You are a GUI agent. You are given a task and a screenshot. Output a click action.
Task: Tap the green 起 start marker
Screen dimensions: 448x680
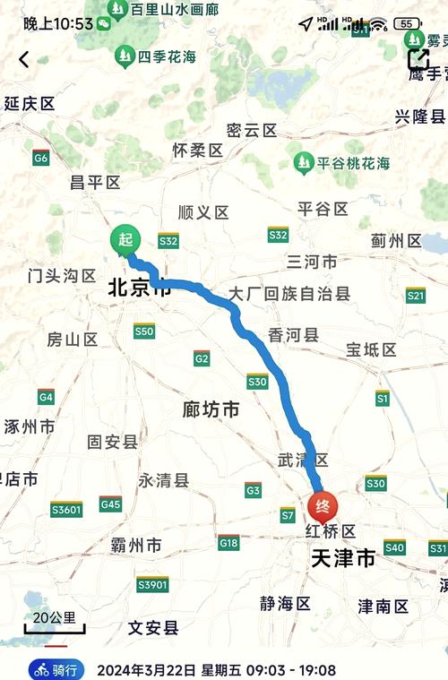(x=125, y=240)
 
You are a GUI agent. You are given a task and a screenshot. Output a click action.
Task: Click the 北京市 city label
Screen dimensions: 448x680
(x=139, y=288)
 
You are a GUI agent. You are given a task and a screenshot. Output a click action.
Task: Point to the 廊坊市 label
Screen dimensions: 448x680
(x=211, y=409)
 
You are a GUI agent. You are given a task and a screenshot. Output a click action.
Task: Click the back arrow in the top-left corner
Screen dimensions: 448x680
(x=23, y=60)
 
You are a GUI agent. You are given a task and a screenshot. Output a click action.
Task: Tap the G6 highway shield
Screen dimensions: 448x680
(x=40, y=159)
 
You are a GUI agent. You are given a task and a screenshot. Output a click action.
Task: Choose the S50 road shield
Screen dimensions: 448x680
(x=144, y=331)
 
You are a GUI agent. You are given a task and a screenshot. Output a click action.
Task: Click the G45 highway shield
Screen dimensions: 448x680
(x=110, y=504)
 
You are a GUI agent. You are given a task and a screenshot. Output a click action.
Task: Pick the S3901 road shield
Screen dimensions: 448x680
(x=152, y=584)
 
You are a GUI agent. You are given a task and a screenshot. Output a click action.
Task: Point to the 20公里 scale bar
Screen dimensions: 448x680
(x=55, y=622)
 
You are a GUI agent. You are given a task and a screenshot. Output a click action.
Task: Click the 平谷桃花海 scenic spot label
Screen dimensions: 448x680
(x=343, y=162)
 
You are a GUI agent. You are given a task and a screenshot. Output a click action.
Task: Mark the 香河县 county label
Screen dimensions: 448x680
(x=293, y=335)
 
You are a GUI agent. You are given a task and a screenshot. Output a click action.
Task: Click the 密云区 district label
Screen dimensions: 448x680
(x=252, y=131)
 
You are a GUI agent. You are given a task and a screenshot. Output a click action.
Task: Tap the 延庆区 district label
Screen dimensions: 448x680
(x=30, y=104)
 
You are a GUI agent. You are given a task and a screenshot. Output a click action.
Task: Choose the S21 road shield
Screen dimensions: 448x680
(x=415, y=295)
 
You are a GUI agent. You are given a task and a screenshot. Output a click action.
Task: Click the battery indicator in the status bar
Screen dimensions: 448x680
(x=408, y=24)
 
